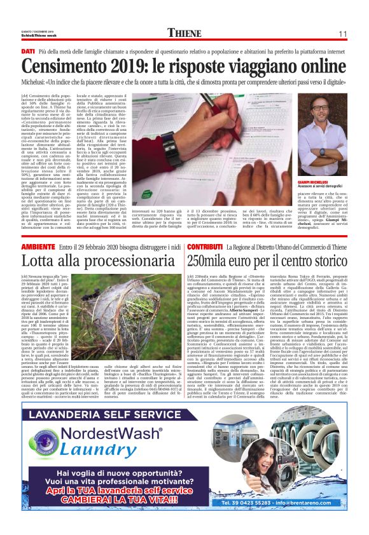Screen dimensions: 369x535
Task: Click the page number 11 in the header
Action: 341,34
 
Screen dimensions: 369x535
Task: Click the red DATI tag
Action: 27,50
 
